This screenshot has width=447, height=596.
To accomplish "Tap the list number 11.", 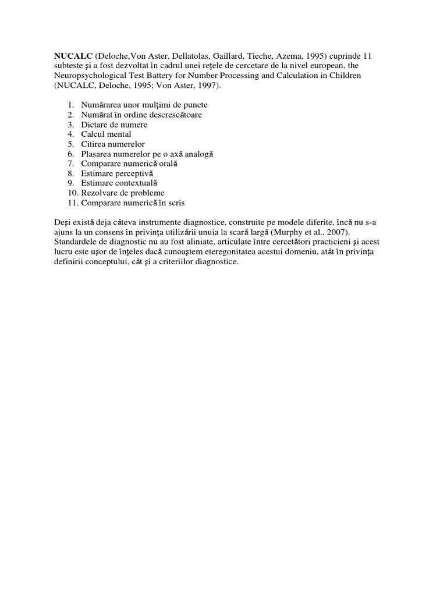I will click(72, 203).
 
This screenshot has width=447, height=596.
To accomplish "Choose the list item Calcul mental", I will click(107, 134).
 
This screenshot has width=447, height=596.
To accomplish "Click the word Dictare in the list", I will click(94, 125).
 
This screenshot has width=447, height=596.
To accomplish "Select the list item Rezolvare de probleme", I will click(123, 193).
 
